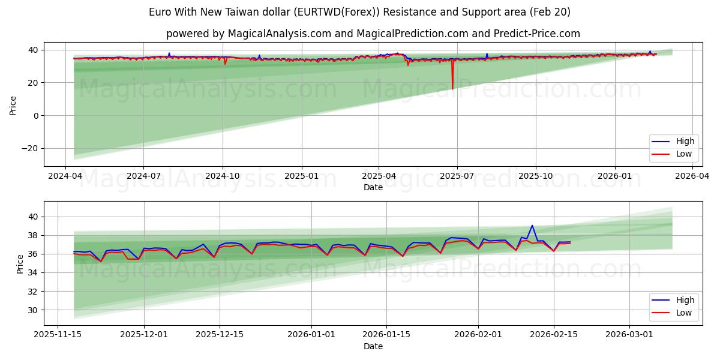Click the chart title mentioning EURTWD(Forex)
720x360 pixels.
pyautogui.click(x=360, y=12)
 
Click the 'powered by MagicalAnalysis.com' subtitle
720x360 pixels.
pyautogui.click(x=373, y=34)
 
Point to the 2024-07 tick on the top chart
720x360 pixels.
pyautogui.click(x=143, y=175)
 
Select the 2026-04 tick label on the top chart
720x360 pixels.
pyautogui.click(x=692, y=175)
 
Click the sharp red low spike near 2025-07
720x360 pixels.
pyautogui.click(x=452, y=88)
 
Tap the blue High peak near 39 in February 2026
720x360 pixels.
pyautogui.click(x=532, y=226)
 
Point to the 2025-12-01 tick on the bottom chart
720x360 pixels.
pyautogui.click(x=144, y=334)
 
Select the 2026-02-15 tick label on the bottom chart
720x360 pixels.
pyautogui.click(x=553, y=334)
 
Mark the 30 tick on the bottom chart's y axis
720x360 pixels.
pyautogui.click(x=34, y=310)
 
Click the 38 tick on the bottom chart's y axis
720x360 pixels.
pyautogui.click(x=34, y=235)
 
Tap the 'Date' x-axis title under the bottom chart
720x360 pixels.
pyautogui.click(x=373, y=346)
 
